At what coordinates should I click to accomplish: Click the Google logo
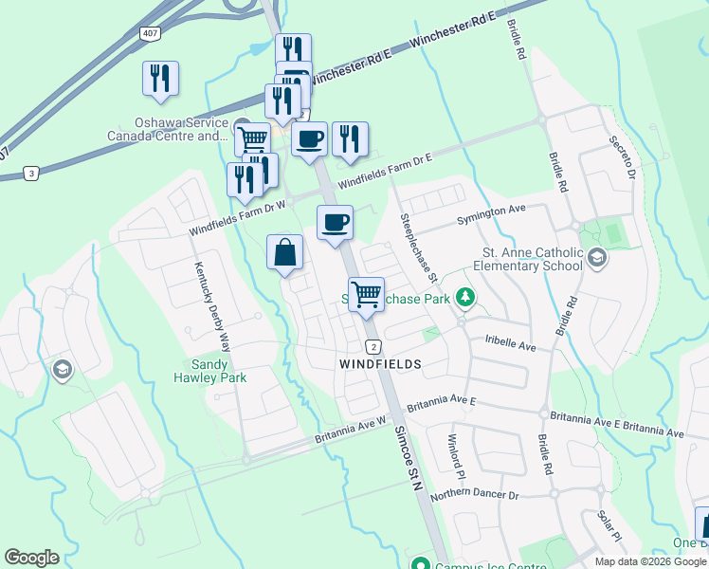pos(32,558)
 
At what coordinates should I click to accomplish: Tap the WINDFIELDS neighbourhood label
pos(379,363)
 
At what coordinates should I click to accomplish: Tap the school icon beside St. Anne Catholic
pos(597,257)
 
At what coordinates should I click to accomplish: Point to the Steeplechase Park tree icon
pos(465,299)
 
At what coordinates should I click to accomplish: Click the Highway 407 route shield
pos(150,33)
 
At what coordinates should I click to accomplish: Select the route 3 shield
pos(32,173)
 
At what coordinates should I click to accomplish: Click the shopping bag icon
pos(284,253)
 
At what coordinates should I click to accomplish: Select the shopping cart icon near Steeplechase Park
pos(366,293)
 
